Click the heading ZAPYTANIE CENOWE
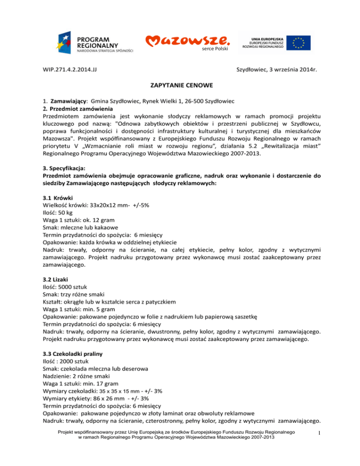tap(180, 86)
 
